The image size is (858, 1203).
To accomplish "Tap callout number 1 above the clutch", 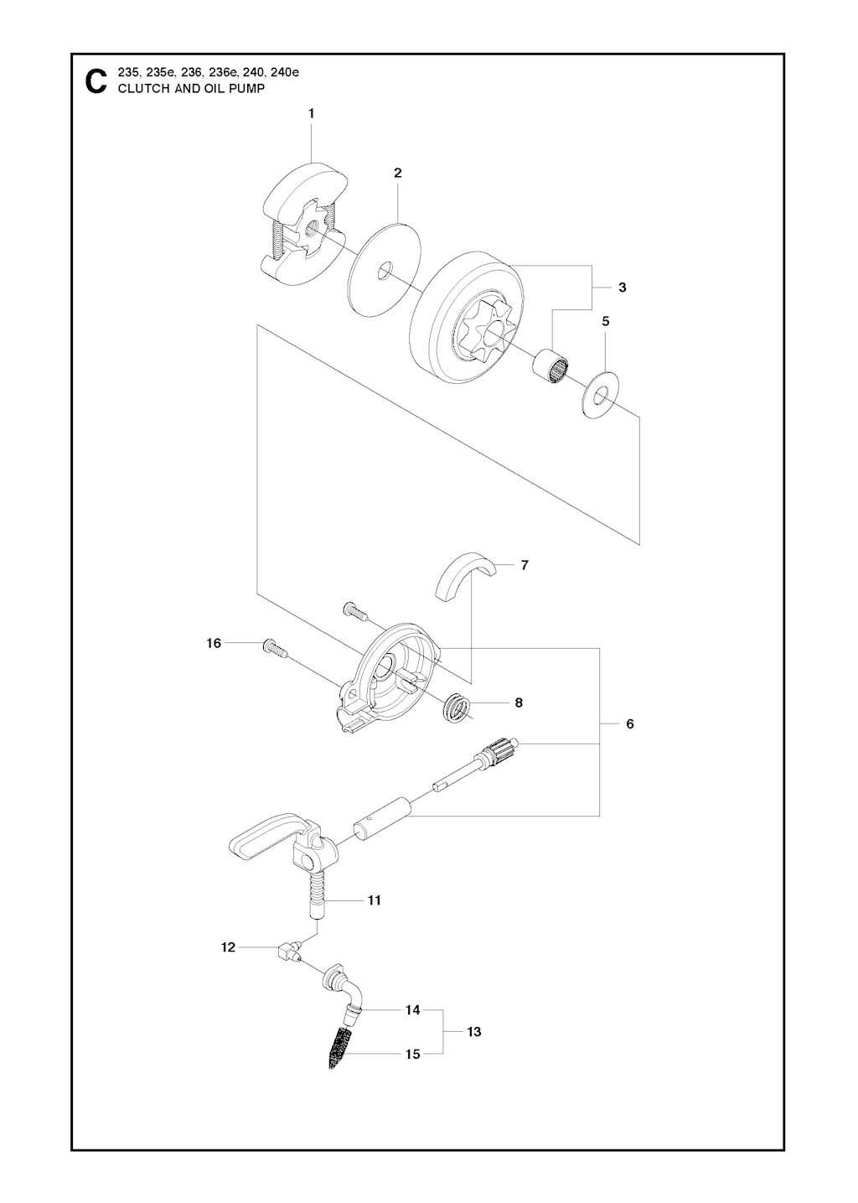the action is [312, 113].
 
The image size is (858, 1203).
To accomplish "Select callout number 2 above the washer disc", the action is [397, 173].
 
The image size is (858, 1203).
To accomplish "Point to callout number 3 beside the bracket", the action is [622, 288].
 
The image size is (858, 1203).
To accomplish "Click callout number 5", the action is [606, 321].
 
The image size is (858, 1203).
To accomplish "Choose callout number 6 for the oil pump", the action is [630, 723].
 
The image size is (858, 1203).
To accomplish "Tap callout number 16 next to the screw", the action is [214, 643].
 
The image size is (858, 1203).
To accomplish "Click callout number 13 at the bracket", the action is [474, 1031].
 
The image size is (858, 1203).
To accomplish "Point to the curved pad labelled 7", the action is [464, 577].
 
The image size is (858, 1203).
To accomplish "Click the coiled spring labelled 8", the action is [455, 708].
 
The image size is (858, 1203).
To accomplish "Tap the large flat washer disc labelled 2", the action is [385, 268].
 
